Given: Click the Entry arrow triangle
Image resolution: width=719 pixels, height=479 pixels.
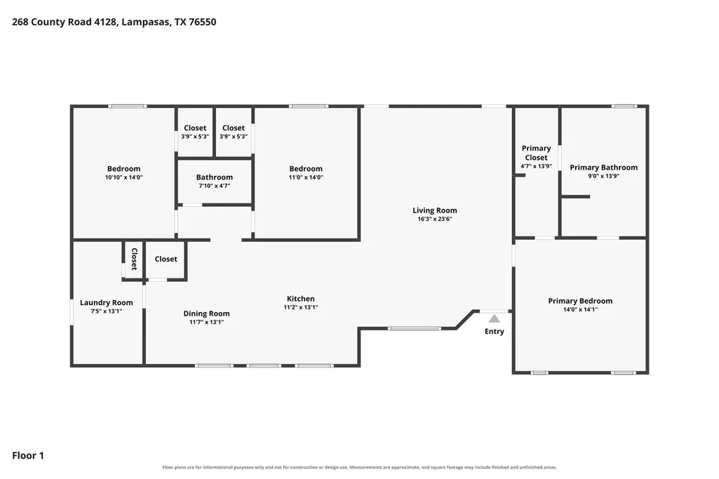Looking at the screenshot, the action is coord(494,318).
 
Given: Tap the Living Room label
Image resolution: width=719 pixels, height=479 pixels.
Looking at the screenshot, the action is coord(435,210).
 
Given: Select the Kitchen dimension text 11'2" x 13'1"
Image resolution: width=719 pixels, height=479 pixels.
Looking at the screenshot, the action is coord(301,308).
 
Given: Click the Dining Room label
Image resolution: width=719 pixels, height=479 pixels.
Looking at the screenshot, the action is coord(206,313).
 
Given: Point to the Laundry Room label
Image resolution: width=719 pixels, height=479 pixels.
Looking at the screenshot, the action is coord(107,302).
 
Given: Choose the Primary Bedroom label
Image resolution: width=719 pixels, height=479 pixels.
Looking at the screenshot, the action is coord(580,301).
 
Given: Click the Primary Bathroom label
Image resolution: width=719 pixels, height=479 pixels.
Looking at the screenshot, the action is coord(603,168).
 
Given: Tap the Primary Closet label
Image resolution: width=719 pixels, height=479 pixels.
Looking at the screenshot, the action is coord(536,153).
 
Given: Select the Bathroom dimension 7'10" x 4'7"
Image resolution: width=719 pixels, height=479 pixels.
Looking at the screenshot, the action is coord(214,186).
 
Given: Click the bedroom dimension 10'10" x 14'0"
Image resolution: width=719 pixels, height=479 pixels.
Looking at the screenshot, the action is coord(123,177).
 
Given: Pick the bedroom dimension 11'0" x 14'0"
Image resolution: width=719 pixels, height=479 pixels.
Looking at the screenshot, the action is coord(306,177).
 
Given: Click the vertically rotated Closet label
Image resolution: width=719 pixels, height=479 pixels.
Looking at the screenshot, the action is coord(135,259).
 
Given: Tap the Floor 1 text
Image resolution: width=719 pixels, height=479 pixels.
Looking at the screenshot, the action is coord(28,455).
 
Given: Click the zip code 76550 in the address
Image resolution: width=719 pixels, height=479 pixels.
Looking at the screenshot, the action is coord(202,22).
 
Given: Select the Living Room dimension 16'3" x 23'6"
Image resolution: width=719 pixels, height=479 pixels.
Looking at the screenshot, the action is coord(435,219).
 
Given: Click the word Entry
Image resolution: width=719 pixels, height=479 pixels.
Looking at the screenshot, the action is coord(495,332).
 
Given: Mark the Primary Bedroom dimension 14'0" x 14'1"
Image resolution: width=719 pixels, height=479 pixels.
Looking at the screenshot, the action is coord(580,309).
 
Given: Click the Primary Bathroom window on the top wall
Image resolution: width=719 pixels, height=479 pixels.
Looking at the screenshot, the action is coord(624,107).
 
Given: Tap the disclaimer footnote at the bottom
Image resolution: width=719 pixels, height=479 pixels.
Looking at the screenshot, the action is coord(359,467).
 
